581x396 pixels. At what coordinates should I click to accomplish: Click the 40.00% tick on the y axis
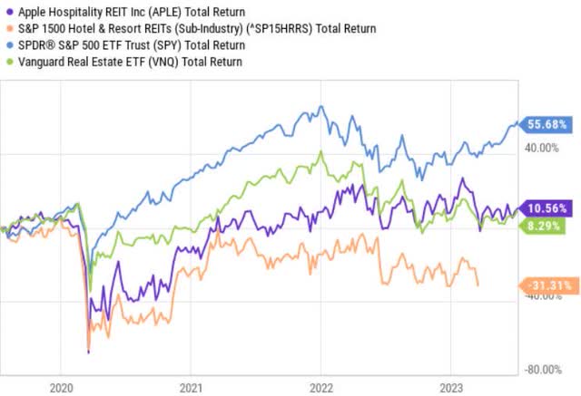[547, 149]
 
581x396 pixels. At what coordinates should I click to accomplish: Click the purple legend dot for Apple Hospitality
[7, 11]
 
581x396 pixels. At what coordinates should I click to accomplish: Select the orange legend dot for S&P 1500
[7, 27]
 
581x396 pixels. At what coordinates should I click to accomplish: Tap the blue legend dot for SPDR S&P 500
[7, 43]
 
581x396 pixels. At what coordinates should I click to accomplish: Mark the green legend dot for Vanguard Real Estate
[7, 60]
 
